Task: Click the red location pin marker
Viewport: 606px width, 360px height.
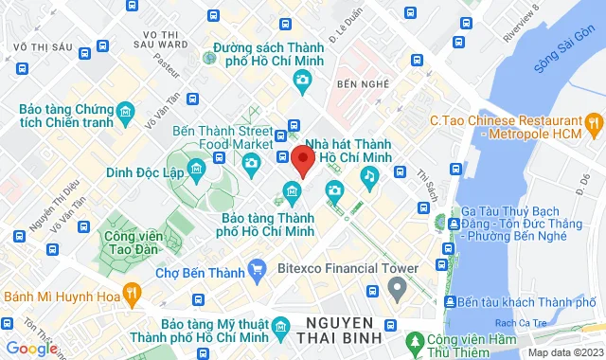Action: pos(302,159)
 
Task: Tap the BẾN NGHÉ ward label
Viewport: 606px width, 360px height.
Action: pos(363,84)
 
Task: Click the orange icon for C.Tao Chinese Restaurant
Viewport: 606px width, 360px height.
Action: pos(594,121)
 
